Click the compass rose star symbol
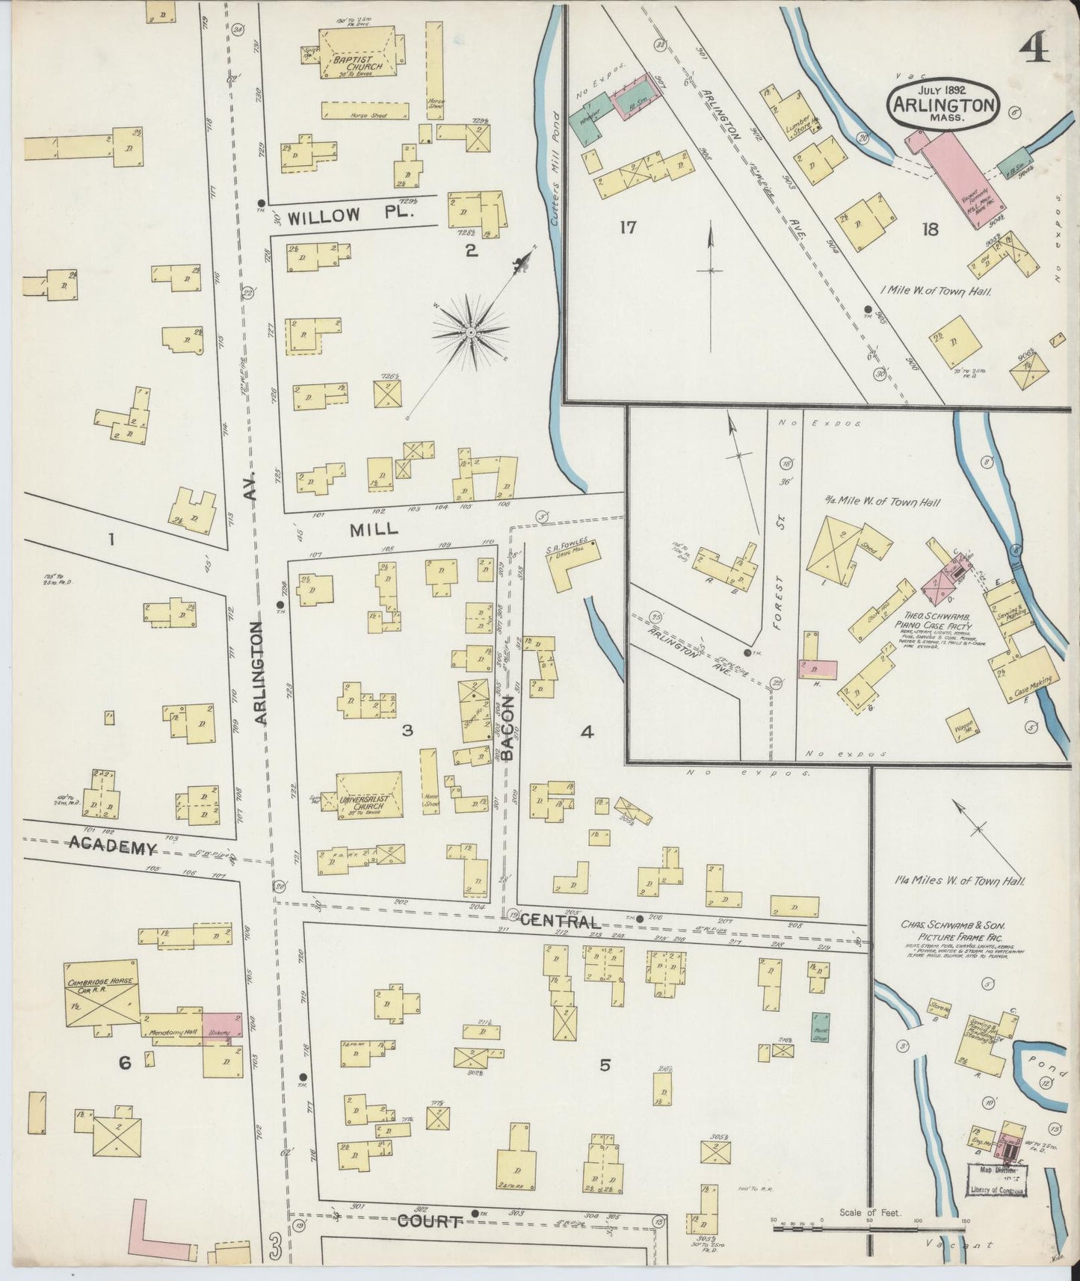pos(471,331)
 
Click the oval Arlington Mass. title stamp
pos(943,103)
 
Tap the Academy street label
pos(113,847)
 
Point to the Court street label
pos(429,1221)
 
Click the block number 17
pos(627,227)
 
